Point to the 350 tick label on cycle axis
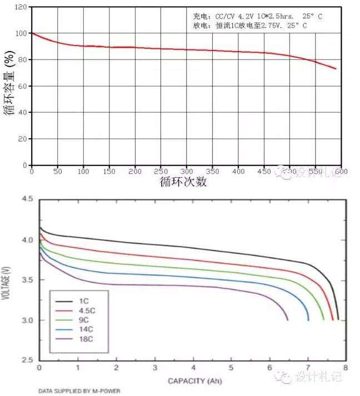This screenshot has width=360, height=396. (x=213, y=172)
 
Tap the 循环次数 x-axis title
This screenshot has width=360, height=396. (x=183, y=182)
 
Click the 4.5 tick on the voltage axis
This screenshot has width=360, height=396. (x=27, y=199)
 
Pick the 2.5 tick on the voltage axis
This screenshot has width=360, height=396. (x=27, y=360)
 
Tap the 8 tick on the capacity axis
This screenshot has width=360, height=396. (x=346, y=368)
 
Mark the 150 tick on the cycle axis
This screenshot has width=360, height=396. (x=109, y=172)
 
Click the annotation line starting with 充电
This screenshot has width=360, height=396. (x=257, y=17)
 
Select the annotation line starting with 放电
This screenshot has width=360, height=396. (x=250, y=26)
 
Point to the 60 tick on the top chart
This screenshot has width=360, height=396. (x=22, y=86)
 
